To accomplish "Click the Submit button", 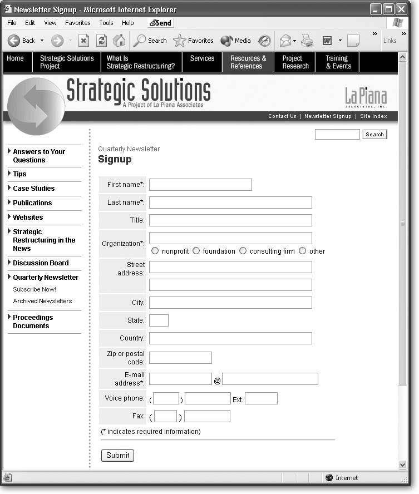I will [117, 455].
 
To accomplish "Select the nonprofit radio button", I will [155, 251].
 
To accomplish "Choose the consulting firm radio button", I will [243, 251].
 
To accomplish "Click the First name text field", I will [200, 185].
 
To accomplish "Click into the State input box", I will [159, 320].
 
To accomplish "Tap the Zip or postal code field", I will [180, 358].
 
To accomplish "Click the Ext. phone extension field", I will [261, 398].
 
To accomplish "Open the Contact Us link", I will [282, 116].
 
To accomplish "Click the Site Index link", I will [373, 116].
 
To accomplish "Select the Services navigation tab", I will [202, 58].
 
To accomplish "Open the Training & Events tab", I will [338, 62].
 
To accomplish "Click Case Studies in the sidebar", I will [33, 189].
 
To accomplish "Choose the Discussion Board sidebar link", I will [41, 263].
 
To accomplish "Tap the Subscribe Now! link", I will [34, 289].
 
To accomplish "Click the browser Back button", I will [22, 41].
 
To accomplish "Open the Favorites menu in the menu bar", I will [77, 23].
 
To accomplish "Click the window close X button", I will [401, 9].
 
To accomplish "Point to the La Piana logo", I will [366, 97].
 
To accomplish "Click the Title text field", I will [230, 220].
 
